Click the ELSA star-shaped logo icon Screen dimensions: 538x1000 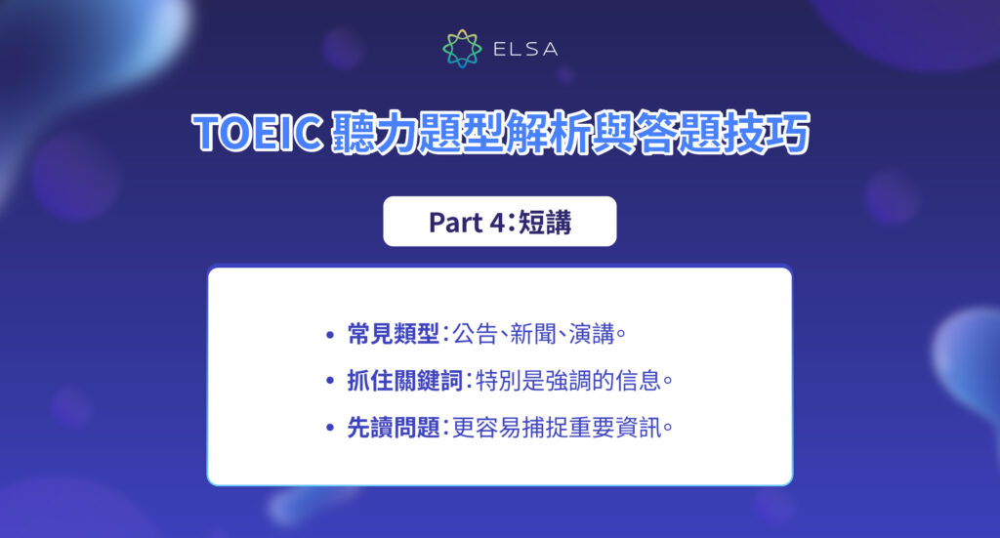click(x=462, y=49)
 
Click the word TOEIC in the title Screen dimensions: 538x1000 click(x=257, y=135)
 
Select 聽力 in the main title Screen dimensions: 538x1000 click(x=361, y=135)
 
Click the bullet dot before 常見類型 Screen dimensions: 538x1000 click(x=330, y=336)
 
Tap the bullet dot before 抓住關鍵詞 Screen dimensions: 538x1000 click(x=330, y=382)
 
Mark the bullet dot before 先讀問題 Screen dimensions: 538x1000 click(x=330, y=428)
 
